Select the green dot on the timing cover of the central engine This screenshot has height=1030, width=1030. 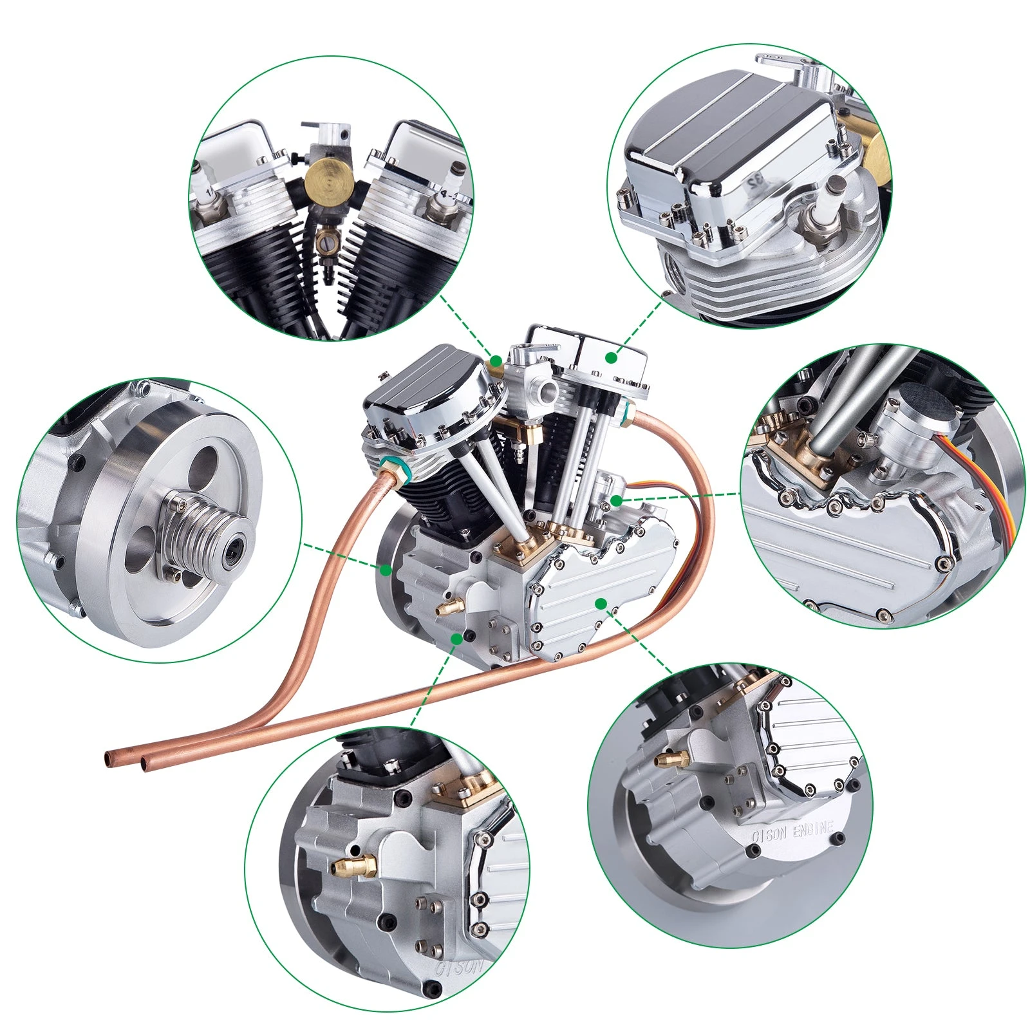pyautogui.click(x=600, y=603)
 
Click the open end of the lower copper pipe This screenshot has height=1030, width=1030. pyautogui.click(x=147, y=765)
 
